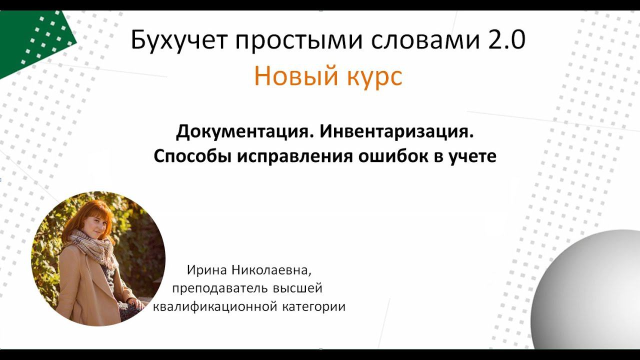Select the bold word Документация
tap(244, 132)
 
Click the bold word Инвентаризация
tap(396, 132)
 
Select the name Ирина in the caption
tap(206, 270)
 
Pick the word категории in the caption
tap(314, 306)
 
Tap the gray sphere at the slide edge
tap(595, 292)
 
